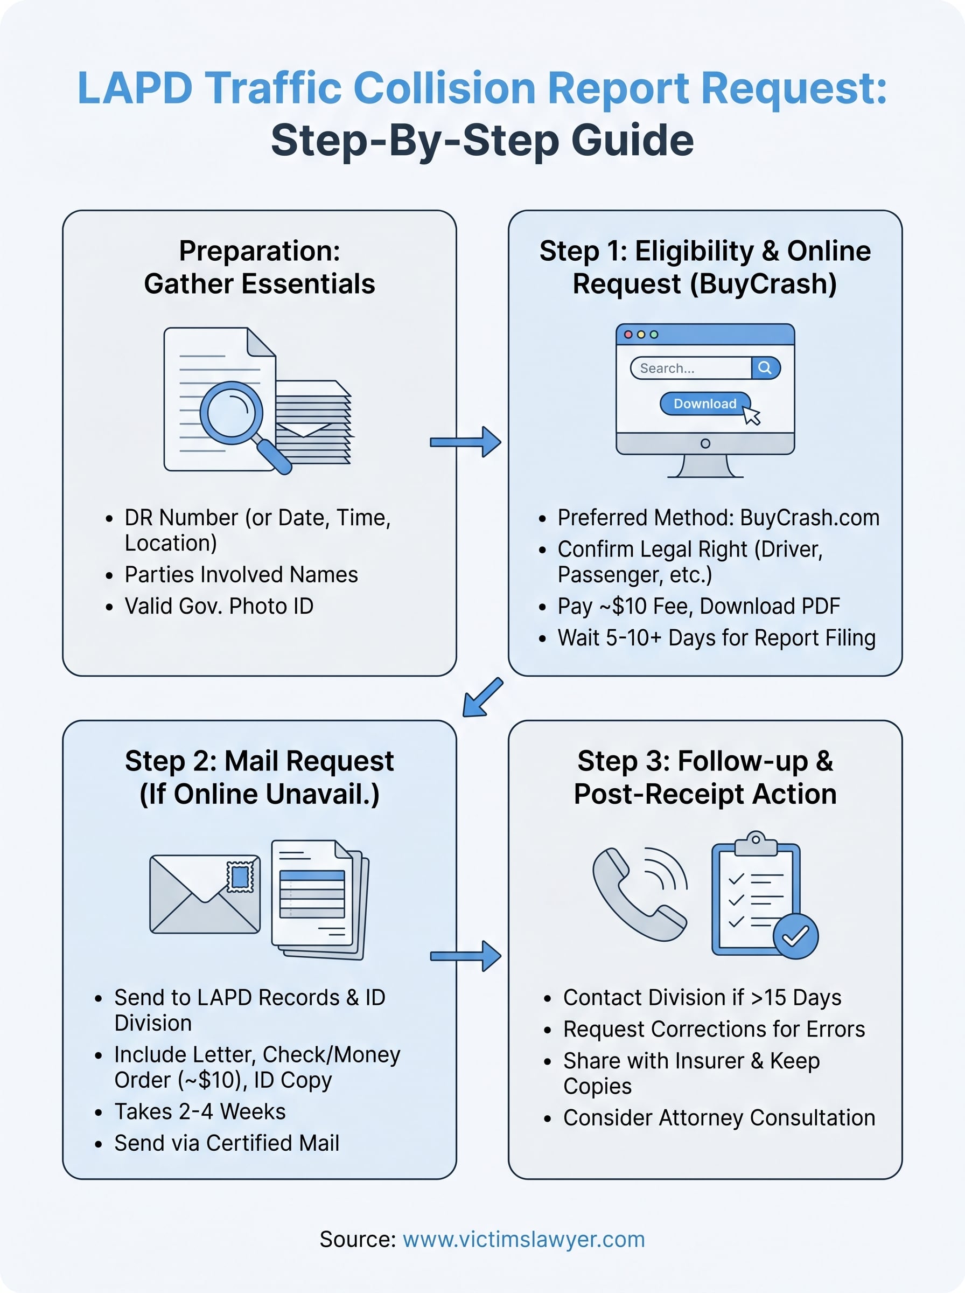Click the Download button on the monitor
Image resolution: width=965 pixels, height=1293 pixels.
coord(704,404)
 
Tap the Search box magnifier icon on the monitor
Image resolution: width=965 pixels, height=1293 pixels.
coord(765,367)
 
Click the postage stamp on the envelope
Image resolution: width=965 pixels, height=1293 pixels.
coord(240,877)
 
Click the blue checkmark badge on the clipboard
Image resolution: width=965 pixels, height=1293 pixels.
coord(795,935)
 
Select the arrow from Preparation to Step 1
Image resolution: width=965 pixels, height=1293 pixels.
coord(466,442)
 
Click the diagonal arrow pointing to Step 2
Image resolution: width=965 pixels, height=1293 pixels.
coord(482,697)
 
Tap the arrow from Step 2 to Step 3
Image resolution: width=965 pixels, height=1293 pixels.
coord(466,956)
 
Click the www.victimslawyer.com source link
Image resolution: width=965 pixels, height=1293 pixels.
coord(523,1239)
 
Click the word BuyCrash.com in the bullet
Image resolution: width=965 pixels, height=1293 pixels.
coord(809,518)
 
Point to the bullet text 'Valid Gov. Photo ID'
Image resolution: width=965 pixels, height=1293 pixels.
coord(219,606)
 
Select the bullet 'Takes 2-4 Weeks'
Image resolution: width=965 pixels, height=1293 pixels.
coord(200,1111)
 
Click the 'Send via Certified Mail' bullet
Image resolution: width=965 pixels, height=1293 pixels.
coord(227,1143)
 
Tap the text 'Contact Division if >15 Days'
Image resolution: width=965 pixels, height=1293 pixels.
coord(702,997)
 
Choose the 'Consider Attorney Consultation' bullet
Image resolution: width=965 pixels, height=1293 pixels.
coord(718,1118)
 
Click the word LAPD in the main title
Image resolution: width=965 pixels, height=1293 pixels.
coord(134,88)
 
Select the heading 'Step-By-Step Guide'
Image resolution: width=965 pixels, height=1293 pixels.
coord(482,140)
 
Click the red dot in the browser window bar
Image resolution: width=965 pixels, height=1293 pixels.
coord(628,335)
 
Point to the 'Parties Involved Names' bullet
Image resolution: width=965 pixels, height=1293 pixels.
coord(241,574)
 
